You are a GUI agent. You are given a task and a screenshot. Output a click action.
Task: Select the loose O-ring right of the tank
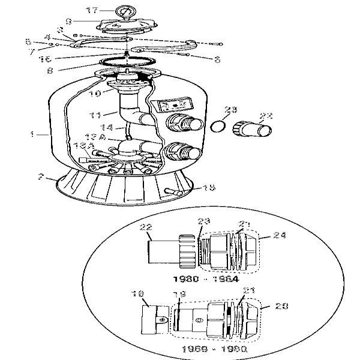(220, 128)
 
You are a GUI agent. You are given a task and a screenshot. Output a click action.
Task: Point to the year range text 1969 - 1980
(206, 347)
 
